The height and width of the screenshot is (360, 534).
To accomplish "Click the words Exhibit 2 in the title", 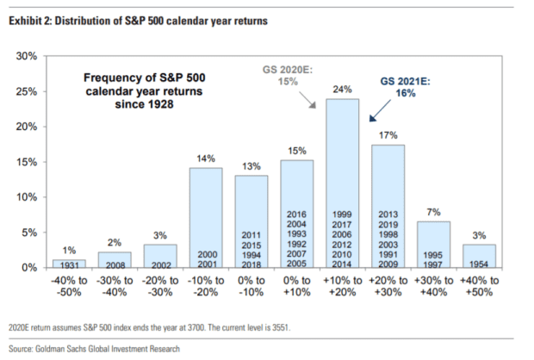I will pyautogui.click(x=32, y=18).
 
